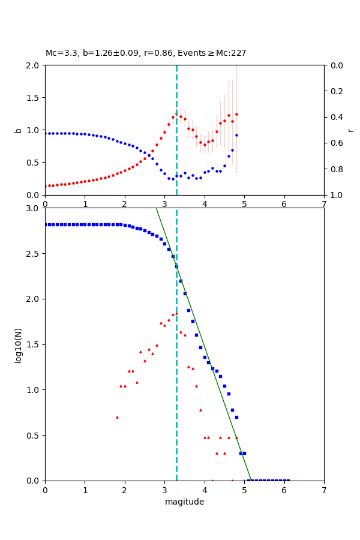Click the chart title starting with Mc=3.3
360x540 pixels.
[146, 53]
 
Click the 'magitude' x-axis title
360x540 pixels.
[184, 502]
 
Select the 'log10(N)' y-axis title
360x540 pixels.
[18, 344]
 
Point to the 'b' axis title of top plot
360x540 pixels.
[18, 130]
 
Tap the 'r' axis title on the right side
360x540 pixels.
[351, 130]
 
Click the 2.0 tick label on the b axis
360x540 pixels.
[32, 65]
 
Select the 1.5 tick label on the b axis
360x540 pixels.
[32, 97]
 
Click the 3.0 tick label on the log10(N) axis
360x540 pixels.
[32, 208]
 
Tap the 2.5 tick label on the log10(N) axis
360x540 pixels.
[32, 254]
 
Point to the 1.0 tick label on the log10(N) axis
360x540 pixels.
[32, 390]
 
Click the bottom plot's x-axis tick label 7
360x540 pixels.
[324, 490]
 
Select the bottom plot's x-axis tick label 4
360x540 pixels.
[205, 490]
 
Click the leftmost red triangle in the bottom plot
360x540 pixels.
[117, 417]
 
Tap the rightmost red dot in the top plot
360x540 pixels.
[236, 114]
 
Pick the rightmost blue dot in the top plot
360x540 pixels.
[236, 135]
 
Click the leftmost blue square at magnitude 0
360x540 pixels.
[46, 224]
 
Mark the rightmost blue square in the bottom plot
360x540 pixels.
[288, 480]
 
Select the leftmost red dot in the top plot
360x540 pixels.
[46, 186]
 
